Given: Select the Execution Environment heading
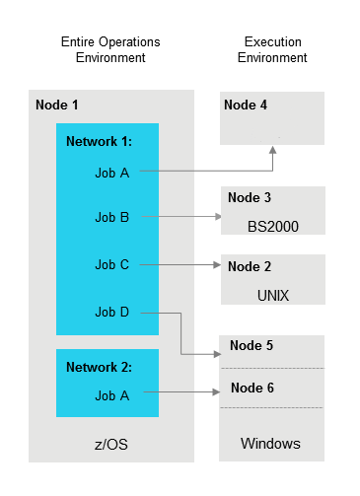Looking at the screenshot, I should (x=274, y=50).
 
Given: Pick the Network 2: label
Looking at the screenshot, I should (x=99, y=367).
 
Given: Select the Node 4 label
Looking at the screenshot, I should (x=246, y=106).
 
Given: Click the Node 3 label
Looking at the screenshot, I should (x=249, y=197).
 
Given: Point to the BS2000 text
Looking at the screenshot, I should (x=273, y=226).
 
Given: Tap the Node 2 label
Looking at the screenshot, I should (x=249, y=266).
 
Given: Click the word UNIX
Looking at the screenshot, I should (x=271, y=295).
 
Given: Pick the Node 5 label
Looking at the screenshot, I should (x=251, y=346).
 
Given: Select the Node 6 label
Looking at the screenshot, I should (x=251, y=389).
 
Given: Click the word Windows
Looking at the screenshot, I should (x=270, y=444).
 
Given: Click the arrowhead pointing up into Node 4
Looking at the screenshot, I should (x=273, y=150).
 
